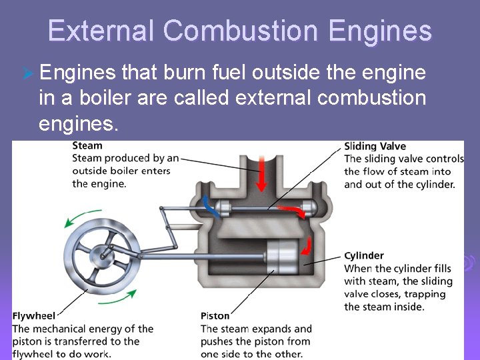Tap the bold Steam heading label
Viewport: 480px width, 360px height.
tap(87, 145)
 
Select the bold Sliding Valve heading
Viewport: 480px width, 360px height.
tap(375, 146)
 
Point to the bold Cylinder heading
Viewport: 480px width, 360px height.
tap(364, 255)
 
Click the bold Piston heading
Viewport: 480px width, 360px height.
tap(215, 315)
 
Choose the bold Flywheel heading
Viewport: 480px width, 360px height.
tap(33, 315)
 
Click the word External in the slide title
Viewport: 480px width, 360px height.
tap(101, 31)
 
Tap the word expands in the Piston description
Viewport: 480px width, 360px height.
tap(270, 329)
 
